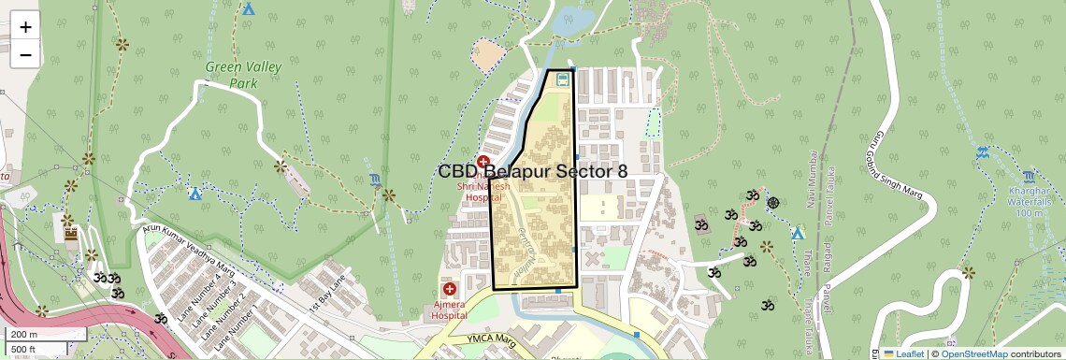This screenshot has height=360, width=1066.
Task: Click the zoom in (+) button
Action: click(x=25, y=26)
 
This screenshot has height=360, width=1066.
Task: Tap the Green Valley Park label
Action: click(x=231, y=76)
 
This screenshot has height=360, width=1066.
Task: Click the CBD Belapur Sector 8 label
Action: click(x=532, y=171)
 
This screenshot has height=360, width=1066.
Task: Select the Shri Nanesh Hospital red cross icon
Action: click(x=483, y=163)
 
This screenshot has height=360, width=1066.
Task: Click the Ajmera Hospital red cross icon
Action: click(x=449, y=290)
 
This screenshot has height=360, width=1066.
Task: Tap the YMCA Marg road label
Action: click(x=493, y=338)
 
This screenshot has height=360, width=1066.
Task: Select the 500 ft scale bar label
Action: click(x=24, y=350)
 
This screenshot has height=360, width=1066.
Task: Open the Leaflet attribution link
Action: click(x=904, y=353)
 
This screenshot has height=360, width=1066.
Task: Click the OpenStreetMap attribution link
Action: click(x=973, y=353)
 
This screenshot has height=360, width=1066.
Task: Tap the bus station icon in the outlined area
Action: click(x=562, y=80)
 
